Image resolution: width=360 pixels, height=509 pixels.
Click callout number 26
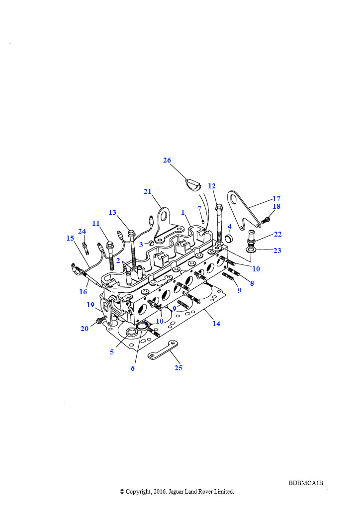167,160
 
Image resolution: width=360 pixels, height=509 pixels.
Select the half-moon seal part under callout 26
193,184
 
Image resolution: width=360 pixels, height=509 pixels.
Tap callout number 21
148,191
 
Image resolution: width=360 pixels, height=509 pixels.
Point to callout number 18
276,206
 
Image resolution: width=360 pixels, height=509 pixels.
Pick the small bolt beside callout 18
266,220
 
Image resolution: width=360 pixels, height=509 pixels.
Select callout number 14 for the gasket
216,324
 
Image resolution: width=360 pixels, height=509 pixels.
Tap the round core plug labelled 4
229,238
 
